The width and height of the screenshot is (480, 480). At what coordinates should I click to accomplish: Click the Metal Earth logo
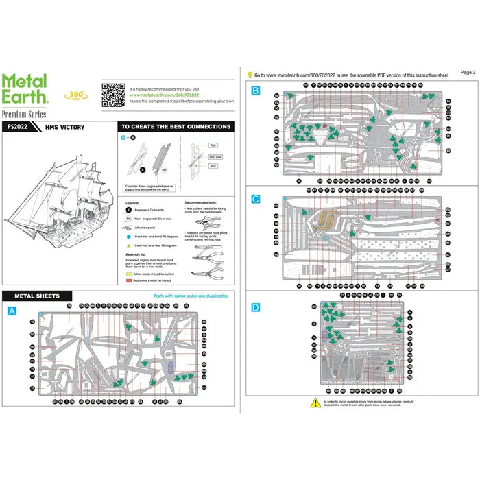click(25, 89)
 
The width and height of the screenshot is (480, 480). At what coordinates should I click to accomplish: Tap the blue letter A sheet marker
click(11, 311)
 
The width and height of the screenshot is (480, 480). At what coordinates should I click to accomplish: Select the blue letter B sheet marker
click(256, 91)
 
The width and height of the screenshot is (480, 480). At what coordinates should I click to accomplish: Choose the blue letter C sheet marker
click(256, 200)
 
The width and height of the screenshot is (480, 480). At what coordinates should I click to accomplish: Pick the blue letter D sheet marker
click(256, 307)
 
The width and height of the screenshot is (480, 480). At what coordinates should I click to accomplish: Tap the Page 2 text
click(468, 71)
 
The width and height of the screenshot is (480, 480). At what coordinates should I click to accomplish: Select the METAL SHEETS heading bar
click(42, 296)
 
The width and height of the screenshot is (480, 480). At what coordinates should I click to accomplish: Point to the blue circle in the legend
click(128, 235)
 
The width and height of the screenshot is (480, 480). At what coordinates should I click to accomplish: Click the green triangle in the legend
click(128, 245)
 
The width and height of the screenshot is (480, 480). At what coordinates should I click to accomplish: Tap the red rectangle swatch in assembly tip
click(128, 280)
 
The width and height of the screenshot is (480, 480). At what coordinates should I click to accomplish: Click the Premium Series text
click(24, 113)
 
